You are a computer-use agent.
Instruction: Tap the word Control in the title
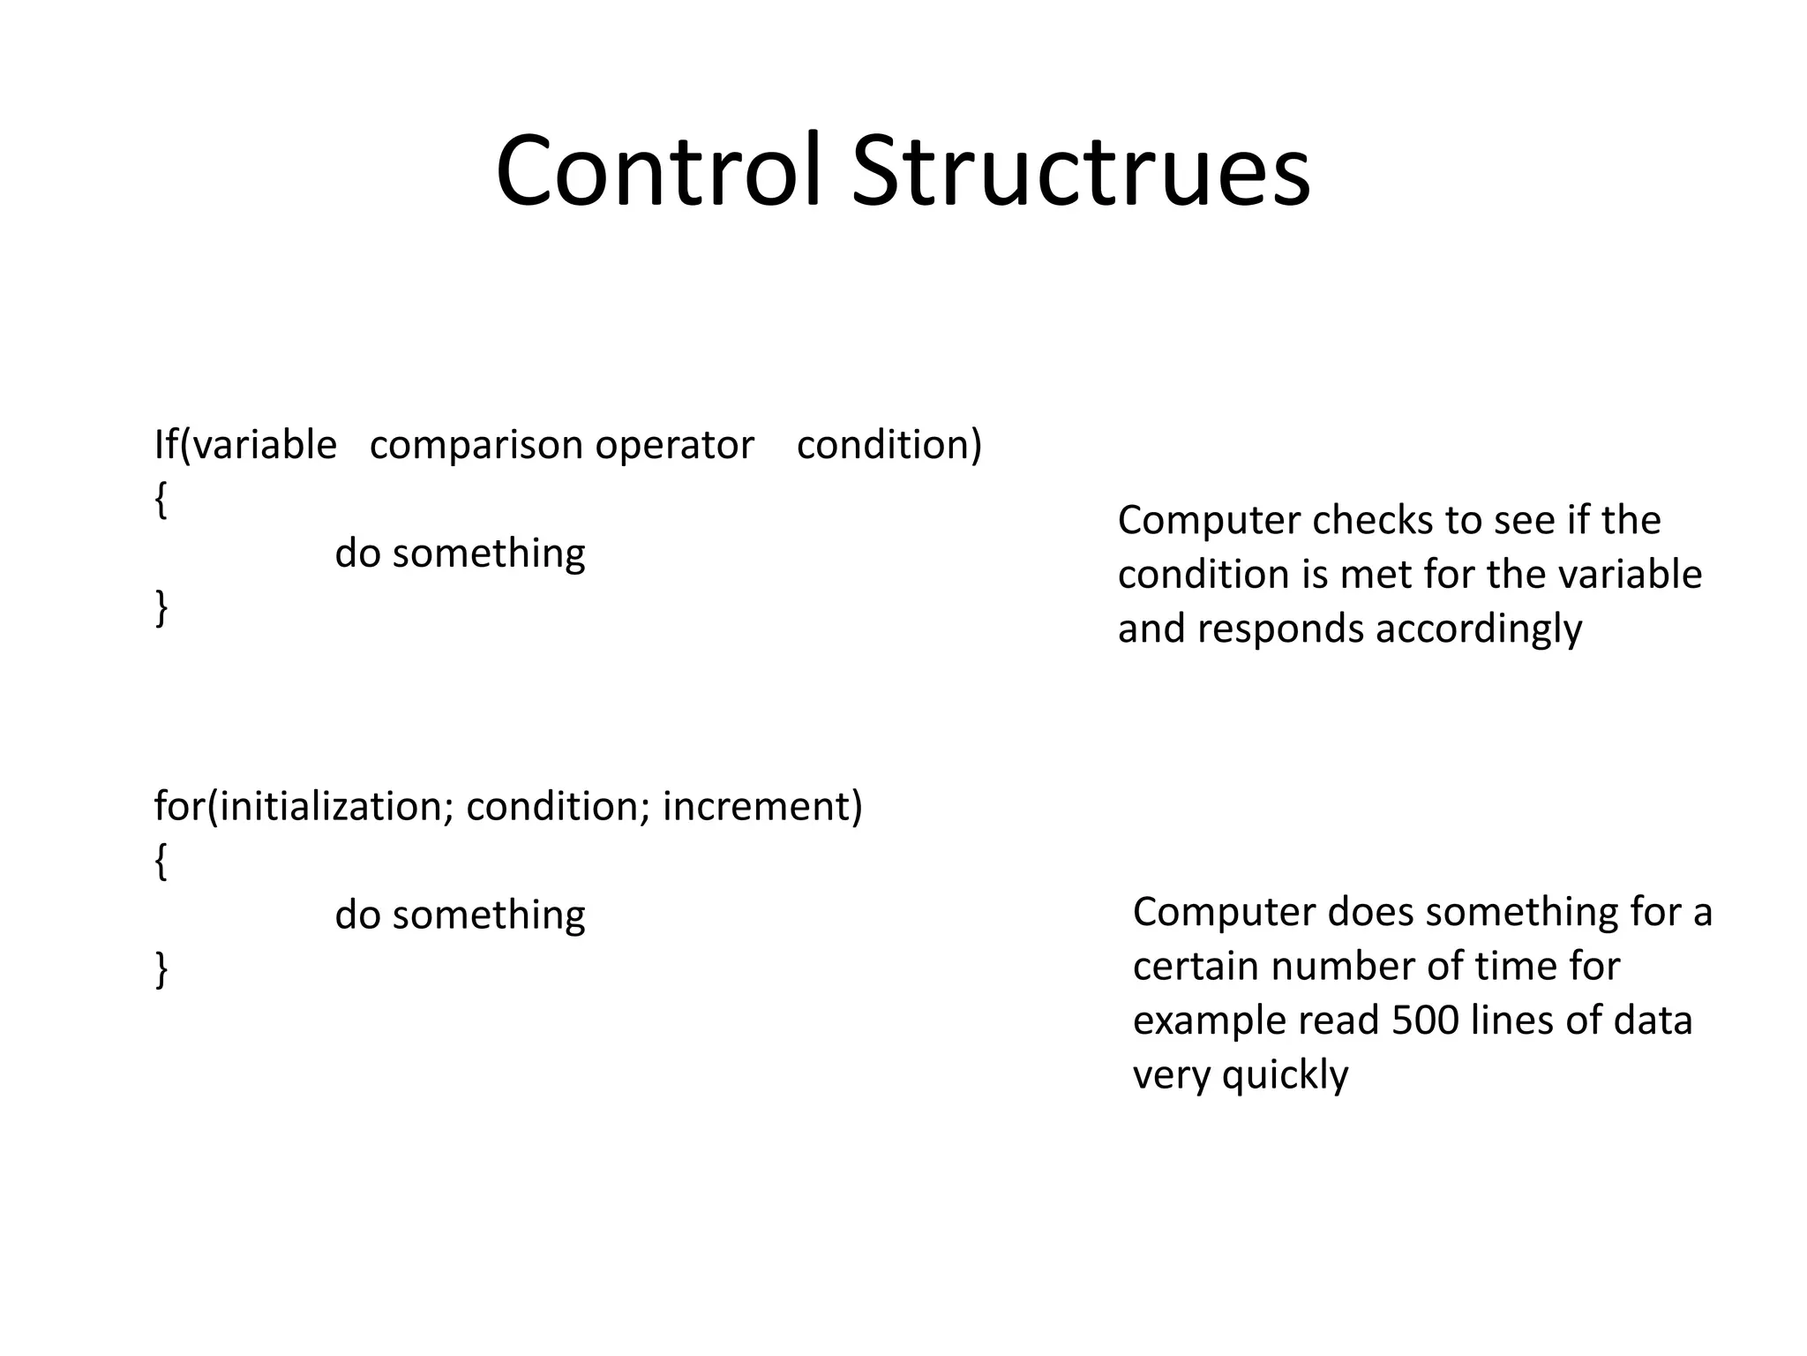658,171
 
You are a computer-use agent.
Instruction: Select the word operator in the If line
674,445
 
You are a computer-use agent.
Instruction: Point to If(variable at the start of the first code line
245,445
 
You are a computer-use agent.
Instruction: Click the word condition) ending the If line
889,445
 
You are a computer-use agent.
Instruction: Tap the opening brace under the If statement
161,501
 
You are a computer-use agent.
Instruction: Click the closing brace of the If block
161,608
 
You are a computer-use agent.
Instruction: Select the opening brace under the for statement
161,862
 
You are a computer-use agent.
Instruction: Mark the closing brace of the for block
161,969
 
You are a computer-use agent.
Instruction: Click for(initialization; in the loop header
304,807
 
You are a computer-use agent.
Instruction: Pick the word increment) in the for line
762,807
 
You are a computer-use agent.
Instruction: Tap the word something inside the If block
489,554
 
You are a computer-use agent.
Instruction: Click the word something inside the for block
489,915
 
